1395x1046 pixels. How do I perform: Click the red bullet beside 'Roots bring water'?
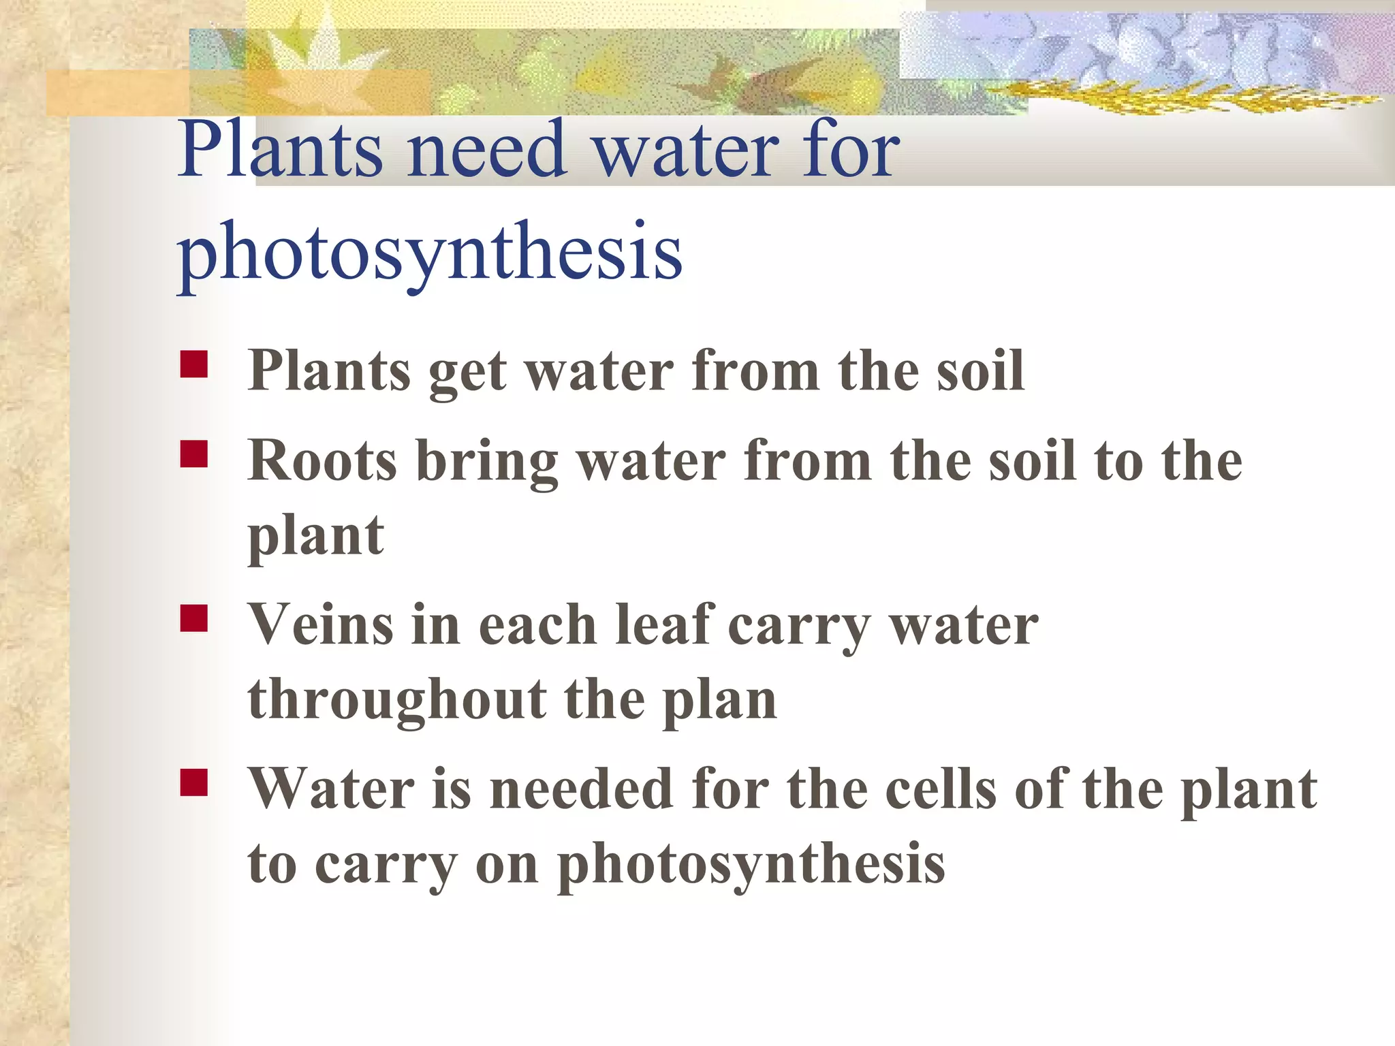pyautogui.click(x=194, y=454)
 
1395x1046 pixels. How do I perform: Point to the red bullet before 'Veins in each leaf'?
pyautogui.click(x=194, y=618)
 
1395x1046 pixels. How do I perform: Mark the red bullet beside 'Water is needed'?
pyautogui.click(x=194, y=782)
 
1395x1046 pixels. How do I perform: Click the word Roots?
pyautogui.click(x=322, y=461)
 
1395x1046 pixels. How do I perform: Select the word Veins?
pyautogui.click(x=321, y=625)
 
